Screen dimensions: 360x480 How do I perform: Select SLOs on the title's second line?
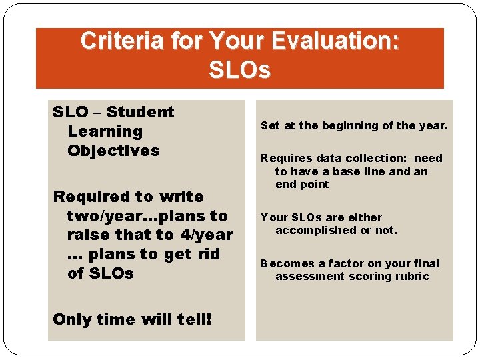click(239, 69)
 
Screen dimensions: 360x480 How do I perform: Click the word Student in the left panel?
click(140, 112)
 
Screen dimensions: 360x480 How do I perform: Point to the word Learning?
click(105, 131)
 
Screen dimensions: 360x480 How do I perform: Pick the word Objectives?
click(113, 151)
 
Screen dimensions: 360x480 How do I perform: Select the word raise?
click(88, 235)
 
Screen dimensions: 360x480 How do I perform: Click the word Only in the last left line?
click(72, 319)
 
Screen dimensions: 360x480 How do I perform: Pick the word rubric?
click(412, 277)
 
